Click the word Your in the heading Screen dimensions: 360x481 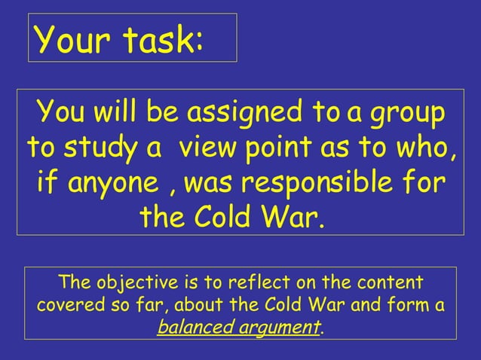tap(68, 39)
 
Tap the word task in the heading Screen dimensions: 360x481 tap(159, 39)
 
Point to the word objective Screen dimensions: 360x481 tap(132, 284)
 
